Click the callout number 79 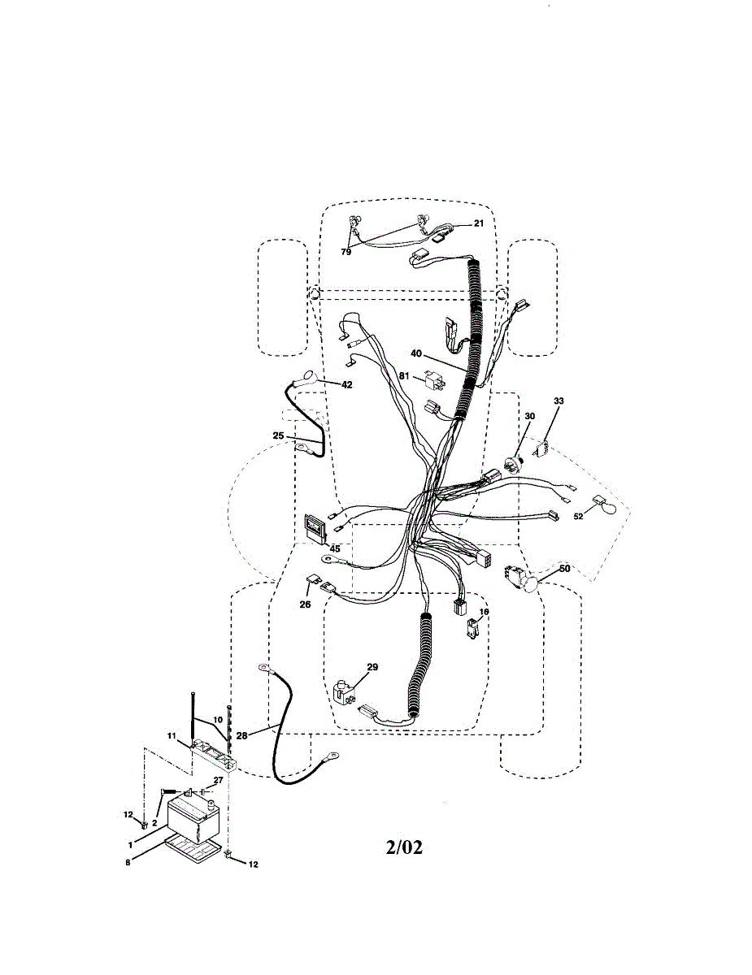pyautogui.click(x=346, y=252)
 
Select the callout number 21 pyautogui.click(x=478, y=223)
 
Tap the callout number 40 pyautogui.click(x=416, y=353)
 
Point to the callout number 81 pyautogui.click(x=404, y=375)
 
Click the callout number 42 pyautogui.click(x=347, y=384)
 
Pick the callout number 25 pyautogui.click(x=279, y=435)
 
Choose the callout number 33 pyautogui.click(x=559, y=401)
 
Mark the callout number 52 pyautogui.click(x=579, y=516)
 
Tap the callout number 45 pyautogui.click(x=335, y=549)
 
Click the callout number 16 pyautogui.click(x=484, y=611)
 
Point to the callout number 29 pyautogui.click(x=372, y=667)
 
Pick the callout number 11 pyautogui.click(x=172, y=735)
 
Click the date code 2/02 pyautogui.click(x=404, y=847)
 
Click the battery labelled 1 pyautogui.click(x=193, y=817)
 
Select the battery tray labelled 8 pyautogui.click(x=193, y=850)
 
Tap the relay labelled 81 pyautogui.click(x=433, y=379)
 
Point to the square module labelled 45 pyautogui.click(x=315, y=526)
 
